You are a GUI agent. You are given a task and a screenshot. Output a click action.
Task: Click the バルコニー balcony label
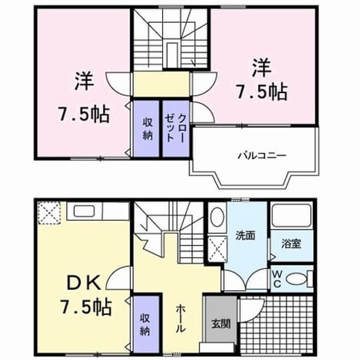(x=262, y=156)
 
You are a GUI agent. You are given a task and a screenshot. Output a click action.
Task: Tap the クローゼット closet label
(x=175, y=128)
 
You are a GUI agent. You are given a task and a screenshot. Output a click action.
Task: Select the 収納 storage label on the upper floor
(x=147, y=129)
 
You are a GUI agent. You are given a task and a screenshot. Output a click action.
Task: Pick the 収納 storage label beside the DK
(x=145, y=325)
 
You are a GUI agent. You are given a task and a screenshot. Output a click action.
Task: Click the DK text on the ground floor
(x=84, y=283)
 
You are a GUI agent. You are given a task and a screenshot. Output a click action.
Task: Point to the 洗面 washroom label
(x=245, y=236)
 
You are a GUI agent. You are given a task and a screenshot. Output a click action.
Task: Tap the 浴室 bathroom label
(x=291, y=244)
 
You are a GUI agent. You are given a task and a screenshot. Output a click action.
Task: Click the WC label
(x=277, y=279)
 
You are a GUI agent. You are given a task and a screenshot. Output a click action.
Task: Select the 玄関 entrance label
(x=220, y=324)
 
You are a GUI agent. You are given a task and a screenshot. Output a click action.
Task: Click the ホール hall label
(x=180, y=318)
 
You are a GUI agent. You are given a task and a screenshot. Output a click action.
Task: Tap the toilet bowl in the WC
(x=297, y=279)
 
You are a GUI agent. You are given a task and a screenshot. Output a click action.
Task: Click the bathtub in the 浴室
(x=291, y=215)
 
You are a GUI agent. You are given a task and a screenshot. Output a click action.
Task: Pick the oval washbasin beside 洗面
(x=217, y=217)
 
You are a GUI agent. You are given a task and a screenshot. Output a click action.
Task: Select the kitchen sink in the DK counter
(x=84, y=211)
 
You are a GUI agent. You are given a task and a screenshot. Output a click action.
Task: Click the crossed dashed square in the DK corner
(x=49, y=213)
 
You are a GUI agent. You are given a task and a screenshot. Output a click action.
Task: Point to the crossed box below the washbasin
(x=218, y=249)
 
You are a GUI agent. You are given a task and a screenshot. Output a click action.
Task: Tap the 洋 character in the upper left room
(x=84, y=81)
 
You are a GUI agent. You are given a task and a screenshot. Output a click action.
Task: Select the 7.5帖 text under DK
(x=86, y=306)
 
